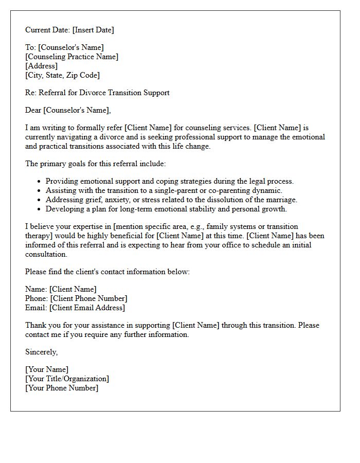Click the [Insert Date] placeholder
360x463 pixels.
pyautogui.click(x=93, y=30)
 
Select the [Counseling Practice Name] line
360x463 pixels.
pyautogui.click(x=71, y=57)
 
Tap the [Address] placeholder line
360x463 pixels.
pyautogui.click(x=41, y=66)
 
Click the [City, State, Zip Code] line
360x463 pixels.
pyautogui.click(x=62, y=75)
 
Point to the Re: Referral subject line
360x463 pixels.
pyautogui.click(x=97, y=93)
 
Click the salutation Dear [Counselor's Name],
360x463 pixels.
pyautogui.click(x=68, y=110)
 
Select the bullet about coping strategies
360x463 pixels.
pyautogui.click(x=169, y=181)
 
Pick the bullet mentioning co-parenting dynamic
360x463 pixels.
pyautogui.click(x=164, y=190)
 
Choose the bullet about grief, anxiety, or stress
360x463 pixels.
pyautogui.click(x=171, y=200)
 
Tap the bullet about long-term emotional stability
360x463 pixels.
pyautogui.click(x=166, y=209)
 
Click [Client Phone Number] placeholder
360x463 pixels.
pyautogui.click(x=88, y=298)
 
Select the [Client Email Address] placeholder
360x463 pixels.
pyautogui.click(x=87, y=308)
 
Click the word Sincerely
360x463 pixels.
pyautogui.click(x=41, y=352)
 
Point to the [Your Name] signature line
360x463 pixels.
pyautogui.click(x=47, y=369)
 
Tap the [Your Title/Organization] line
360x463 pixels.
pyautogui.click(x=67, y=379)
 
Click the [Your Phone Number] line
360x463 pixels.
pyautogui.click(x=62, y=388)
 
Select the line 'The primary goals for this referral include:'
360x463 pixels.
pyautogui.click(x=96, y=164)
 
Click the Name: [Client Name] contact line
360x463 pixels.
pyautogui.click(x=61, y=289)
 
